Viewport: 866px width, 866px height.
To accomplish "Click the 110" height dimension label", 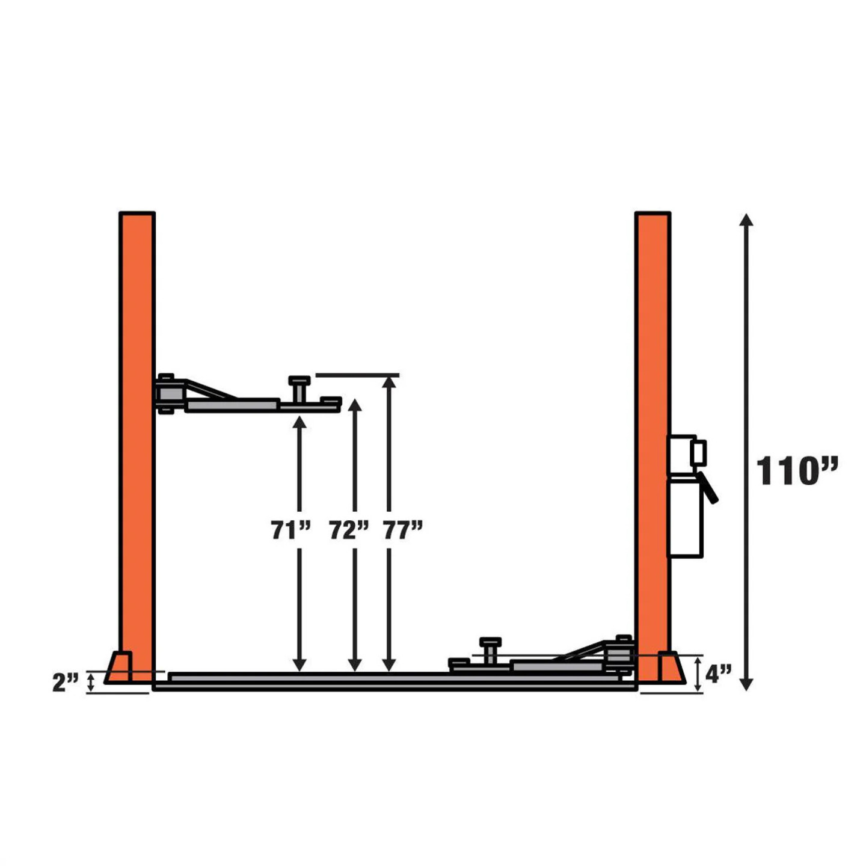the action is (797, 471).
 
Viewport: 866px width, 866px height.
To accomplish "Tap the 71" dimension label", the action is (290, 530).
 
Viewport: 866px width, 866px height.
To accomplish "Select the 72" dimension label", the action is (349, 530).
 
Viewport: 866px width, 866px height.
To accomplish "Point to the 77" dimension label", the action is (403, 530).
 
